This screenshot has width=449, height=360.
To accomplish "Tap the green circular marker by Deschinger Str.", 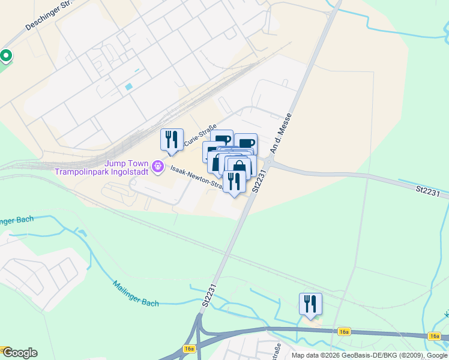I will point(6,56).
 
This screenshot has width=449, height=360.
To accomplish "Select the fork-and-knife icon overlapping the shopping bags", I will point(234,181).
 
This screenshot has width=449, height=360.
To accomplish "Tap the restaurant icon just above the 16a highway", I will point(310,304).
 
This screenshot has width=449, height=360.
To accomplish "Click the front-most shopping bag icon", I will point(239,168).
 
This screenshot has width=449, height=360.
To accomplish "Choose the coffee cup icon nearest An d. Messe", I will point(246,143).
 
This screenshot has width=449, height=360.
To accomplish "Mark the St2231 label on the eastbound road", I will point(428,190).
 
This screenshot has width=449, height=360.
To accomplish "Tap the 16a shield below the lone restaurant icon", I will point(343,331).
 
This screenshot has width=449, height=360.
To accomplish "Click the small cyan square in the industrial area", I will point(128,87).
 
